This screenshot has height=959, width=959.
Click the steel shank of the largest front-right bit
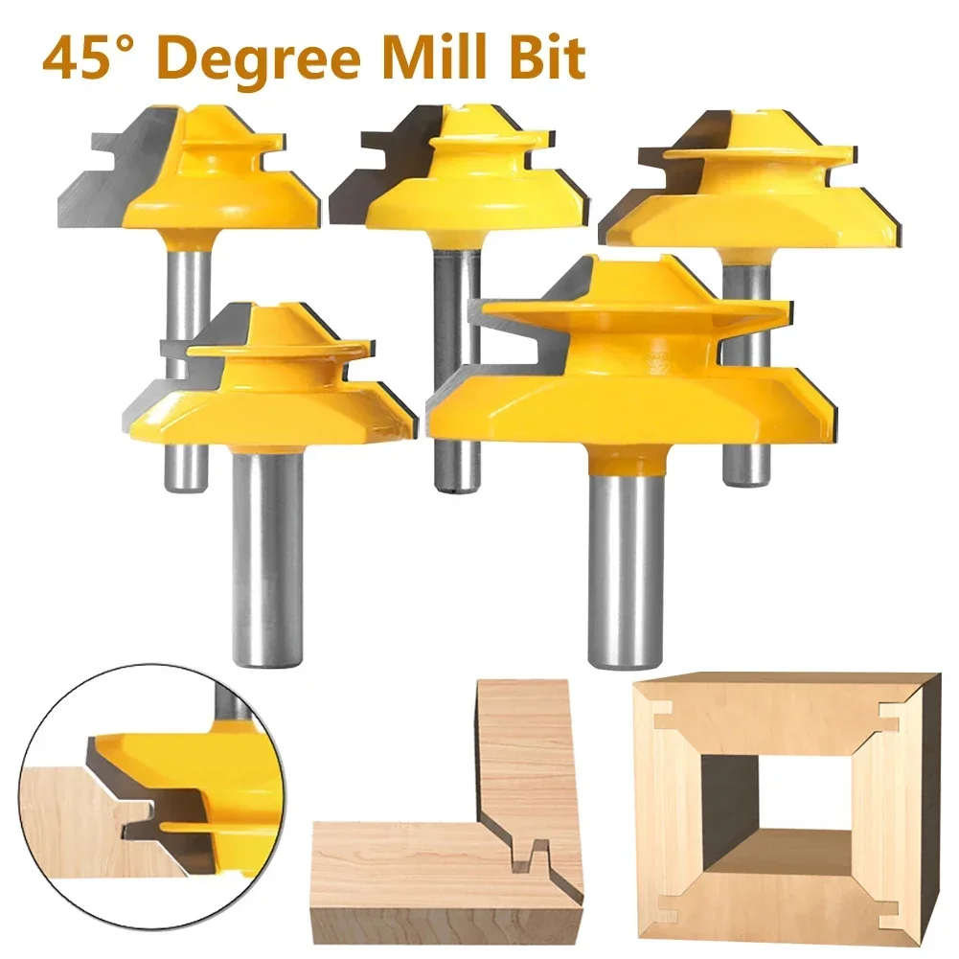[x=625, y=570]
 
